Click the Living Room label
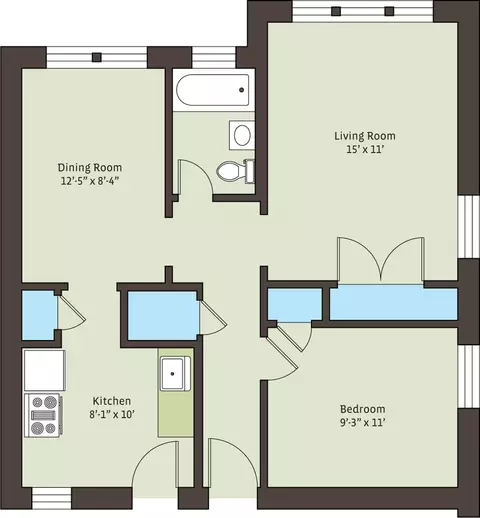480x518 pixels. pyautogui.click(x=365, y=136)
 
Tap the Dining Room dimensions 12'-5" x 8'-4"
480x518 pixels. pyautogui.click(x=90, y=181)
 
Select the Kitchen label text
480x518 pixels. pyautogui.click(x=112, y=401)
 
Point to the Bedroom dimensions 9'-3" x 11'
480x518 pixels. pyautogui.click(x=363, y=423)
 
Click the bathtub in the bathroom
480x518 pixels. pyautogui.click(x=213, y=90)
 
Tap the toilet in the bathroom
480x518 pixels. pyautogui.click(x=236, y=171)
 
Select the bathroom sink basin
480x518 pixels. pyautogui.click(x=242, y=135)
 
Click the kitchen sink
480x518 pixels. pyautogui.click(x=175, y=373)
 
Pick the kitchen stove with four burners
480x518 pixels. pyautogui.click(x=43, y=415)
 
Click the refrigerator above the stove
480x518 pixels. pyautogui.click(x=44, y=370)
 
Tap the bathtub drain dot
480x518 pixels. pyautogui.click(x=242, y=90)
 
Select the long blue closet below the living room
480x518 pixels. pyautogui.click(x=394, y=303)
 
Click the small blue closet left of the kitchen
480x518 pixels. pyautogui.click(x=39, y=315)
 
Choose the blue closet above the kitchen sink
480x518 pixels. pyautogui.click(x=164, y=316)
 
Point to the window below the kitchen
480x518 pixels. pyautogui.click(x=52, y=498)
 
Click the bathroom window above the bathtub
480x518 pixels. pyautogui.click(x=214, y=57)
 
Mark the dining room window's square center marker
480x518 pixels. pyautogui.click(x=97, y=57)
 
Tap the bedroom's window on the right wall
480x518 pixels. pyautogui.click(x=469, y=376)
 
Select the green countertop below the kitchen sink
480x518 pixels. pyautogui.click(x=176, y=413)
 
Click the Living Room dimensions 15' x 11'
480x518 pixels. pyautogui.click(x=365, y=149)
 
